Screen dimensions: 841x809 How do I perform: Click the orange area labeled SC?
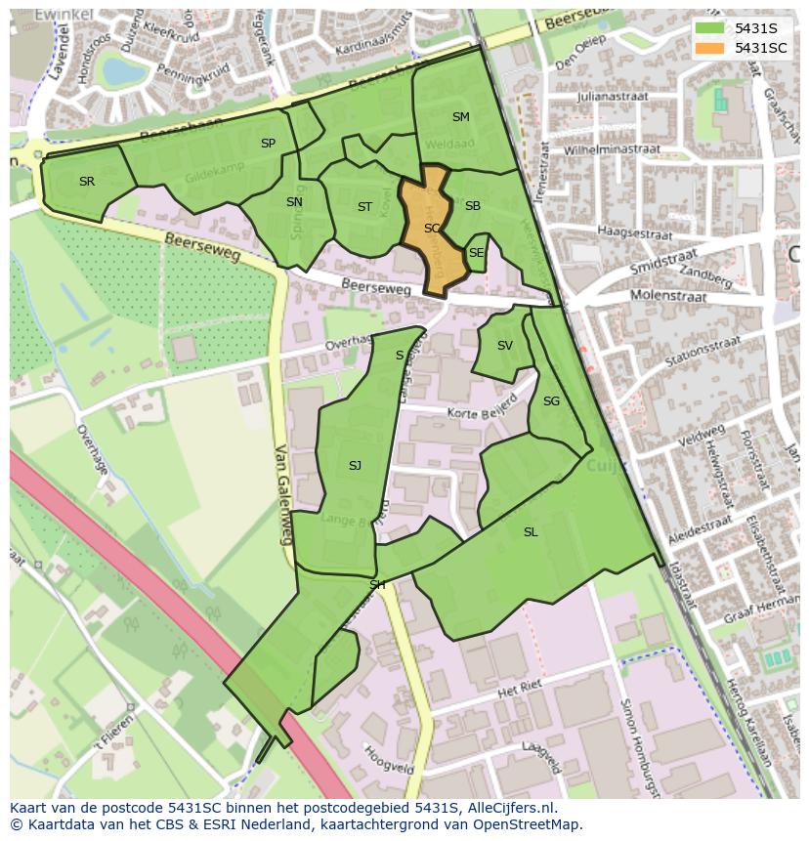coord(431,229)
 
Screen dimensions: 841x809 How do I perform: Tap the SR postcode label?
coord(87,182)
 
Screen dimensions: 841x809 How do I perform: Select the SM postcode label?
coord(461,117)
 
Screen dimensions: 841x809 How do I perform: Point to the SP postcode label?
coord(268,144)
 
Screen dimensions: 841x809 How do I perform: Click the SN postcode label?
coord(294,202)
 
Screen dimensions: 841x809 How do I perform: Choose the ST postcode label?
coord(364,207)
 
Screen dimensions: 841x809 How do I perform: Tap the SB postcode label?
coord(473,206)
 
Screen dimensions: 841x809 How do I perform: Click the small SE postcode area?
coord(476,253)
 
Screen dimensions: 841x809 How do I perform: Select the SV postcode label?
coord(504,346)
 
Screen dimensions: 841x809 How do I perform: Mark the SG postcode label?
coord(551,401)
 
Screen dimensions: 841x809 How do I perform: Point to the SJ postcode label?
coord(355,466)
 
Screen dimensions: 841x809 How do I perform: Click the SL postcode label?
coord(531,532)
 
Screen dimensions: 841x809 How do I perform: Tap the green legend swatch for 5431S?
coord(709,28)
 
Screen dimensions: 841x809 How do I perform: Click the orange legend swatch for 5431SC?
coord(709,48)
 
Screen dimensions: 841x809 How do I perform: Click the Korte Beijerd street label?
coord(481,408)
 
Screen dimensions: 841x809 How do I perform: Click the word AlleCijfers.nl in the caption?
coord(508,808)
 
